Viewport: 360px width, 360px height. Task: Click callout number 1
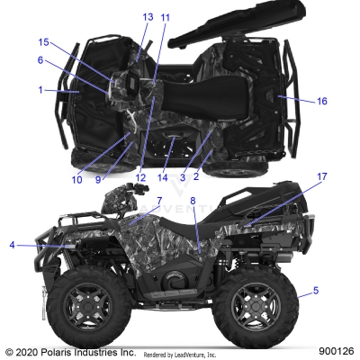click(x=40, y=90)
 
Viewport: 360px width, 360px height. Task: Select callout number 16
click(x=322, y=102)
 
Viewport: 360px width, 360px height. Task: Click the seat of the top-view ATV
click(x=193, y=90)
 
